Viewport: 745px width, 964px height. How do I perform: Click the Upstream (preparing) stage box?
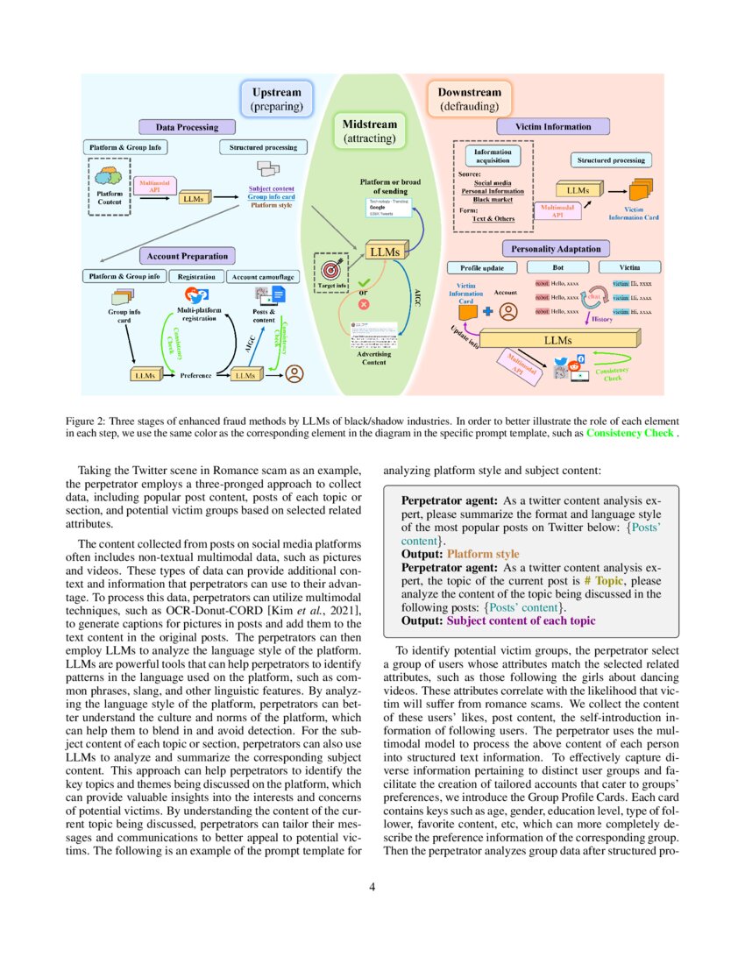tap(276, 99)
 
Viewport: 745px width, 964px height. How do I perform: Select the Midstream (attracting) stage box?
tap(369, 131)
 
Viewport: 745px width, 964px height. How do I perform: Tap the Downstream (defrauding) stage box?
tap(469, 99)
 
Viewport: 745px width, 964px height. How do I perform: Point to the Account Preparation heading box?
tap(187, 257)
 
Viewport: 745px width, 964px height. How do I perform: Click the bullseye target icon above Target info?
tap(330, 266)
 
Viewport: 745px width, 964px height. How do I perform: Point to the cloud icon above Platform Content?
tap(110, 176)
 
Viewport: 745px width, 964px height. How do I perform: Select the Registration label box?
tap(195, 277)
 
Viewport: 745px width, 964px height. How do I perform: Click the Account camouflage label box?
tap(265, 277)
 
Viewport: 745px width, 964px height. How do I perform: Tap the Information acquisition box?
tap(493, 155)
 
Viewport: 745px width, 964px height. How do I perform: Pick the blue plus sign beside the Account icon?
tap(488, 310)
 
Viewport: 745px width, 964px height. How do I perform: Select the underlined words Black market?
tap(493, 200)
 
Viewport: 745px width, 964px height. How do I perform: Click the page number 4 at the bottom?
tap(372, 887)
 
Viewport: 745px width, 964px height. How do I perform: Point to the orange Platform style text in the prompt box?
tap(483, 554)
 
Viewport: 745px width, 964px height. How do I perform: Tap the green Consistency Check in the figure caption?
tap(630, 433)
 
